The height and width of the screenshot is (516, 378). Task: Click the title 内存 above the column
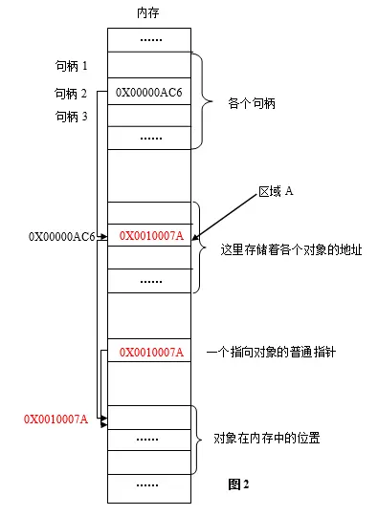149,14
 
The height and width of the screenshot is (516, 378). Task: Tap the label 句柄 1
71,66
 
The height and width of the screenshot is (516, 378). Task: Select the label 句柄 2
71,93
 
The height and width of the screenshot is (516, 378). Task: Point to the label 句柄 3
71,117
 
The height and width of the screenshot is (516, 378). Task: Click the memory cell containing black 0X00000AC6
149,93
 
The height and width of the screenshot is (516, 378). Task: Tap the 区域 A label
276,192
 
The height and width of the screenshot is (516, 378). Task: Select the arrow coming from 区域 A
227,214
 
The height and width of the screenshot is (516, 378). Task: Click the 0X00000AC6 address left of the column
61,235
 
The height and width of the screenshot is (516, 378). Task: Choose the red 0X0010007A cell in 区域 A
150,235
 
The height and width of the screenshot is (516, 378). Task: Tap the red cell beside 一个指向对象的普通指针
150,353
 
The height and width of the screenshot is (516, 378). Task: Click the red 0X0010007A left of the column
56,419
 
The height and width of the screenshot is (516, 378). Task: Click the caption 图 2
238,484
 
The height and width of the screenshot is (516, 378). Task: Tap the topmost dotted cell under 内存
150,40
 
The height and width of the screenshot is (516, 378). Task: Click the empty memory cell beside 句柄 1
150,66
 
